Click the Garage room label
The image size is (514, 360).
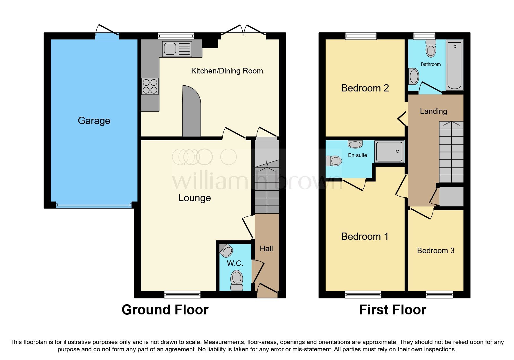click(94, 120)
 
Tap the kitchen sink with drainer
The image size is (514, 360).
click(177, 48)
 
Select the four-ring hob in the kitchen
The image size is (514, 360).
click(150, 87)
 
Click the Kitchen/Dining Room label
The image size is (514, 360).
click(227, 71)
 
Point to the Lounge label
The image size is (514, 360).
click(194, 198)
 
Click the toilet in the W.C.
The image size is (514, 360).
click(237, 280)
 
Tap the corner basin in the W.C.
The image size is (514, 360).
click(226, 251)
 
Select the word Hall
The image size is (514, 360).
click(266, 249)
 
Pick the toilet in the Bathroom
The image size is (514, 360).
click(431, 49)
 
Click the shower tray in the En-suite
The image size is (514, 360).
click(389, 152)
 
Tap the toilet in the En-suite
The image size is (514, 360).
click(334, 161)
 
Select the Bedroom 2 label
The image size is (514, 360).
click(365, 88)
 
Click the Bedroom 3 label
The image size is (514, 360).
click(435, 251)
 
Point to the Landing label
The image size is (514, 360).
click(433, 111)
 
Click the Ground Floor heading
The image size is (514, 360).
click(165, 310)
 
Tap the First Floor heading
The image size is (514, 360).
click(392, 310)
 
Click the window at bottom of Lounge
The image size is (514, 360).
click(182, 294)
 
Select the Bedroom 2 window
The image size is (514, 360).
click(361, 36)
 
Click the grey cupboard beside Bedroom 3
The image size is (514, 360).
click(451, 197)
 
